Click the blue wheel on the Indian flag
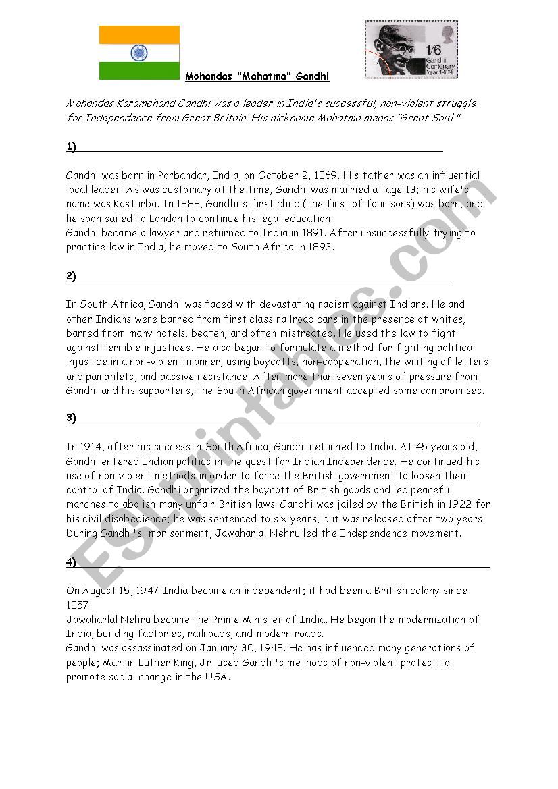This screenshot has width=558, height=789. click(139, 52)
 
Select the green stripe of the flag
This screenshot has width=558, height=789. click(139, 71)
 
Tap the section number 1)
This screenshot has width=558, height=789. click(71, 147)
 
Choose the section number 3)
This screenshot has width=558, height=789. click(71, 418)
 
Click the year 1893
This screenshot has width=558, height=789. click(320, 248)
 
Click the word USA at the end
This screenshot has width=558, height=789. click(217, 677)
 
